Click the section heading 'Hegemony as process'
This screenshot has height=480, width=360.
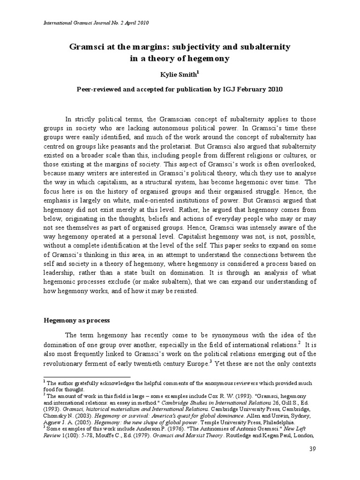click(x=76, y=320)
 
